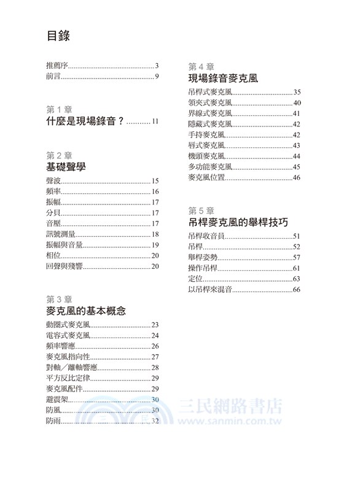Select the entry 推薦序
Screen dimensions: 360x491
(58, 66)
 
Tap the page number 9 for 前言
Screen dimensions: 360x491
(157, 77)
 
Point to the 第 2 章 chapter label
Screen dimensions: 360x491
(59, 153)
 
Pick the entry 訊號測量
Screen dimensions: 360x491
(60, 234)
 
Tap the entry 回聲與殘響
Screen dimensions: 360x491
(64, 266)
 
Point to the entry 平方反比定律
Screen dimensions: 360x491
(68, 378)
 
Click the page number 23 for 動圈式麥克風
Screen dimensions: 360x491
(155, 325)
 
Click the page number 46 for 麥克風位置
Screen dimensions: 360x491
(296, 178)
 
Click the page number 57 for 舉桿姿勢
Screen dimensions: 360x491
(296, 257)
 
